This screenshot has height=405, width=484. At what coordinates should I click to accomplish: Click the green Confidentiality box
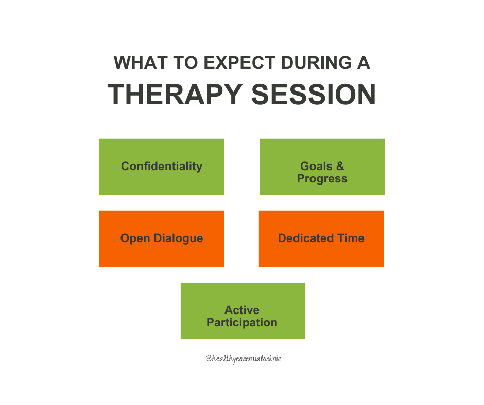point(162,167)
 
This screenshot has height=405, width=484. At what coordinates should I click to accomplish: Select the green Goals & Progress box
point(322,167)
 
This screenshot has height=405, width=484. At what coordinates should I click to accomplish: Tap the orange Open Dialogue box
point(162,238)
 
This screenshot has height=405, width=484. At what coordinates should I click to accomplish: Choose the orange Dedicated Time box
point(321,238)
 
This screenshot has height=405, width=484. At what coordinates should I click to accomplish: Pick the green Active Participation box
point(243,310)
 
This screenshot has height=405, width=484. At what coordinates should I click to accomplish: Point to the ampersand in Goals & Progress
point(340,167)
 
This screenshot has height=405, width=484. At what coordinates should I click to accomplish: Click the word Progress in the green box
point(322,179)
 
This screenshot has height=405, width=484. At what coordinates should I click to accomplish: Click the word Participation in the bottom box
point(242,323)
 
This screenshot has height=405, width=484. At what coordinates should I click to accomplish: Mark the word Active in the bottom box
point(242,310)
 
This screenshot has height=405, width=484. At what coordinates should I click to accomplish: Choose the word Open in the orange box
point(132,238)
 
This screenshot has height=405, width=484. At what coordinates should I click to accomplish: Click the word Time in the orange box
point(352,238)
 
